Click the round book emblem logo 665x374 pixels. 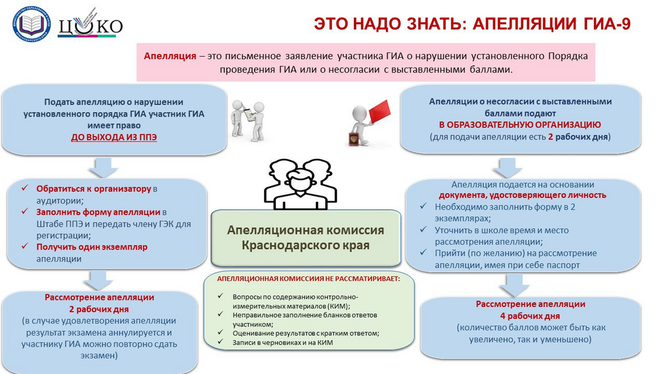click(32, 24)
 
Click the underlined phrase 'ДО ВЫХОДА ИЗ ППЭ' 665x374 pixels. click(114, 138)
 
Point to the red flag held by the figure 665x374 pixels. click(378, 111)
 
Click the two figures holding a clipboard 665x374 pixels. click(249, 119)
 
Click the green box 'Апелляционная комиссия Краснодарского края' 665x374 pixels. click(306, 237)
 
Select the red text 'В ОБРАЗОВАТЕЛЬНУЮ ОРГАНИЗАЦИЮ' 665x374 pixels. click(519, 125)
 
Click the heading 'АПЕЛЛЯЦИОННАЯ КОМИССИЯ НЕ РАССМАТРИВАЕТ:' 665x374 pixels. click(308, 279)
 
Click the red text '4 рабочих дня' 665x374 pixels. click(530, 316)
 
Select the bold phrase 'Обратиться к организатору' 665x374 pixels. click(94, 189)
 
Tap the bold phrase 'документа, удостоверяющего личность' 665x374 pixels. click(522, 195)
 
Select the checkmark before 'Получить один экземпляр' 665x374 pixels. click(25, 247)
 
